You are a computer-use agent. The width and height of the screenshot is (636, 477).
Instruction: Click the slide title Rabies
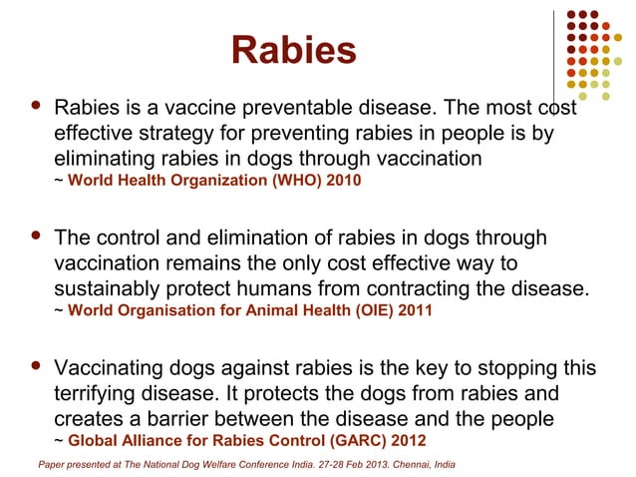pyautogui.click(x=292, y=50)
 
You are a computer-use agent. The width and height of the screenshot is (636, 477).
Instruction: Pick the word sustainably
pyautogui.click(x=123, y=289)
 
